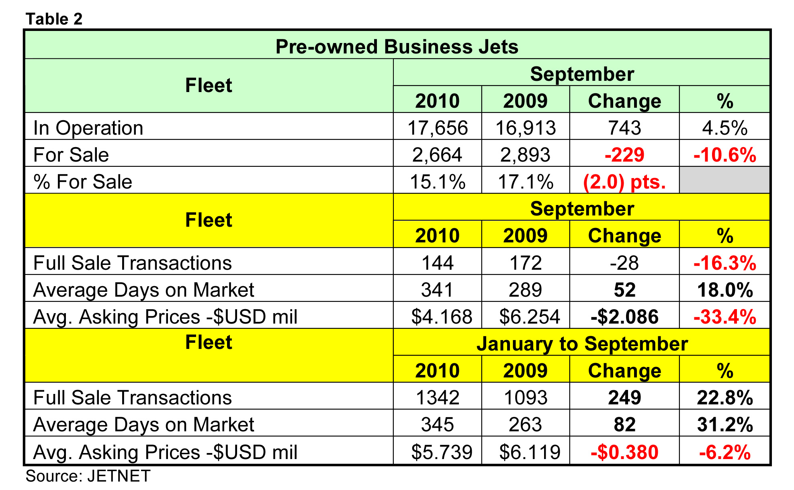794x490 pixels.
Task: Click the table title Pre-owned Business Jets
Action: tap(397, 47)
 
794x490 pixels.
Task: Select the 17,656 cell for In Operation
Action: tap(437, 128)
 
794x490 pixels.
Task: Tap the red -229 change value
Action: tap(624, 155)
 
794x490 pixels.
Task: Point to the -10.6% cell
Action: tap(724, 155)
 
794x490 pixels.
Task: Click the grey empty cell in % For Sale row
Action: tap(724, 180)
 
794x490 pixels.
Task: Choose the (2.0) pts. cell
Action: tap(624, 182)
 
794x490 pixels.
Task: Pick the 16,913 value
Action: tap(525, 128)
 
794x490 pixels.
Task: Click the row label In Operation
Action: tap(88, 128)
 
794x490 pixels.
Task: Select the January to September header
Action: tap(582, 344)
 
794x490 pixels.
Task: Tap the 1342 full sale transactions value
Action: tap(437, 398)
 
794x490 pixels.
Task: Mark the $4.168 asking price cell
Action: tap(441, 316)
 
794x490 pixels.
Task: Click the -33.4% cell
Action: tap(724, 316)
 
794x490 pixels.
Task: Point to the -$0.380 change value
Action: tap(624, 452)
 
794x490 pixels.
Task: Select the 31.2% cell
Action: tap(724, 424)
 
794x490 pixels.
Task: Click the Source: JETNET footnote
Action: tap(88, 476)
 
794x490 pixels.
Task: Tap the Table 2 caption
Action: tap(54, 19)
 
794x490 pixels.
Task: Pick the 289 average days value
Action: tap(525, 290)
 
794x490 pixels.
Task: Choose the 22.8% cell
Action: tap(724, 398)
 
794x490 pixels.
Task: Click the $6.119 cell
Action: tap(529, 452)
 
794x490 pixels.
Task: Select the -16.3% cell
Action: tap(724, 263)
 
